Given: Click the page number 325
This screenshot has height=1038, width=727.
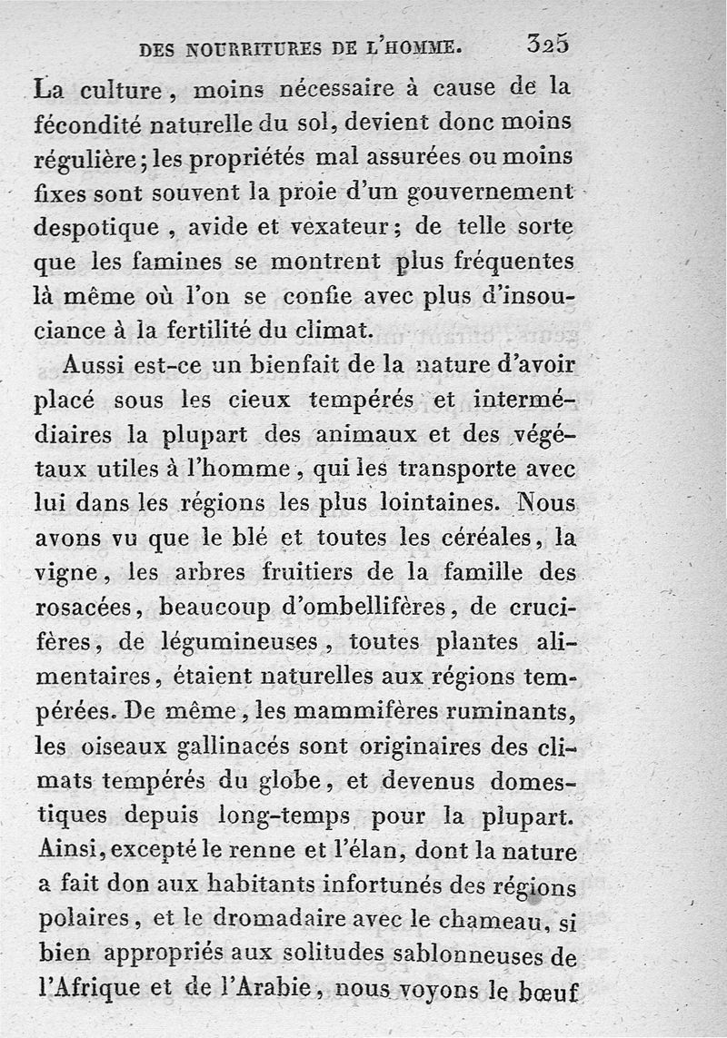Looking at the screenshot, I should pos(546,45).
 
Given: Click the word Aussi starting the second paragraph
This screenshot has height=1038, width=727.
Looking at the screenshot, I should pos(97,364).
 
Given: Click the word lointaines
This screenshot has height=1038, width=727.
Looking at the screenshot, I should pos(437,502).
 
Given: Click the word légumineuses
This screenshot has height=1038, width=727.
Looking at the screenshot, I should pos(239,642).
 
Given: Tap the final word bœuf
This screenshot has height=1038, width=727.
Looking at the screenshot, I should pos(547,989).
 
